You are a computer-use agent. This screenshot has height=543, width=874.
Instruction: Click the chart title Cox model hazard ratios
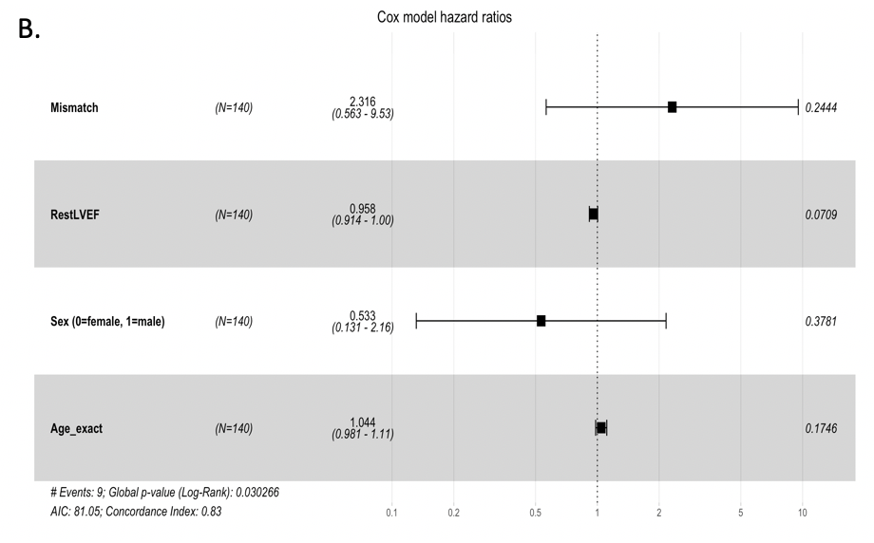(445, 17)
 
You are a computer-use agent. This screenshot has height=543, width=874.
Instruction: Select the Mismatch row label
(74, 107)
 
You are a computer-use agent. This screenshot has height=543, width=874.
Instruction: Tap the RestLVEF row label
(75, 215)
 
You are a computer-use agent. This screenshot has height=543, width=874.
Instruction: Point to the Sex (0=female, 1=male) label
(107, 322)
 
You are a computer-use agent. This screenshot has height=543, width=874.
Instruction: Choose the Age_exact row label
(76, 428)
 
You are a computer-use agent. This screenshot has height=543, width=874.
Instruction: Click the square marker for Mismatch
(672, 107)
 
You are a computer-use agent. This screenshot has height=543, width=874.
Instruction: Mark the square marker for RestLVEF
(594, 215)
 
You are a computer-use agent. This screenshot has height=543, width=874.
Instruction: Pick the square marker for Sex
(541, 321)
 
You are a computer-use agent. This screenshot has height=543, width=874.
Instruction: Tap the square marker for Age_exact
(601, 428)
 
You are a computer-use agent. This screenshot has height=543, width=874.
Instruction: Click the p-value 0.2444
(821, 108)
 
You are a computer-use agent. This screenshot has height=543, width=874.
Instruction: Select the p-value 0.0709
(821, 215)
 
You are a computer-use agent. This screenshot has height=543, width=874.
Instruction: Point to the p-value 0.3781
(821, 322)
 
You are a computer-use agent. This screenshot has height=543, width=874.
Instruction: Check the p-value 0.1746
(821, 428)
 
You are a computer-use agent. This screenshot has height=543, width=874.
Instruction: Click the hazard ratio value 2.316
(363, 101)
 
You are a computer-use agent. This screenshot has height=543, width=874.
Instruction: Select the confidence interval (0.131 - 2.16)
(363, 328)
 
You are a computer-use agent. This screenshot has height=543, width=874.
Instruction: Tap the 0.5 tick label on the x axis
(535, 513)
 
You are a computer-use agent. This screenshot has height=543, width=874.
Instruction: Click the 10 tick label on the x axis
(802, 513)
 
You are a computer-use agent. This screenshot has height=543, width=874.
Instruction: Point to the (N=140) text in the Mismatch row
(234, 108)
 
